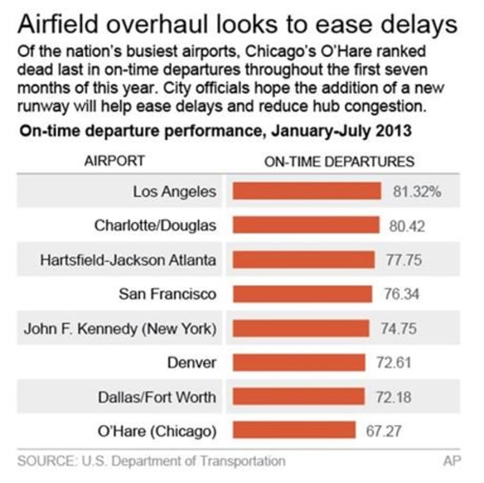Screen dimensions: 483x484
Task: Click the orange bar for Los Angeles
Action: [x=307, y=191]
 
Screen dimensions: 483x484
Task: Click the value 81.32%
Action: [x=417, y=191]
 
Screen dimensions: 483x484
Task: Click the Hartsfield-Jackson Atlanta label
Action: [x=129, y=259]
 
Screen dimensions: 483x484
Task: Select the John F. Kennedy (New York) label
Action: [x=133, y=328]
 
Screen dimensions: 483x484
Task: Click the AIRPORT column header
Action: [x=114, y=161]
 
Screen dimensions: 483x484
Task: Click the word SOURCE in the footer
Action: [x=45, y=461]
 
